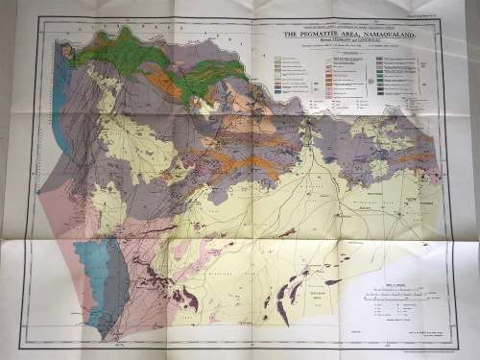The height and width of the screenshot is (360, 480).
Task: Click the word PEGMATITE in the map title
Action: click(319, 33)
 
